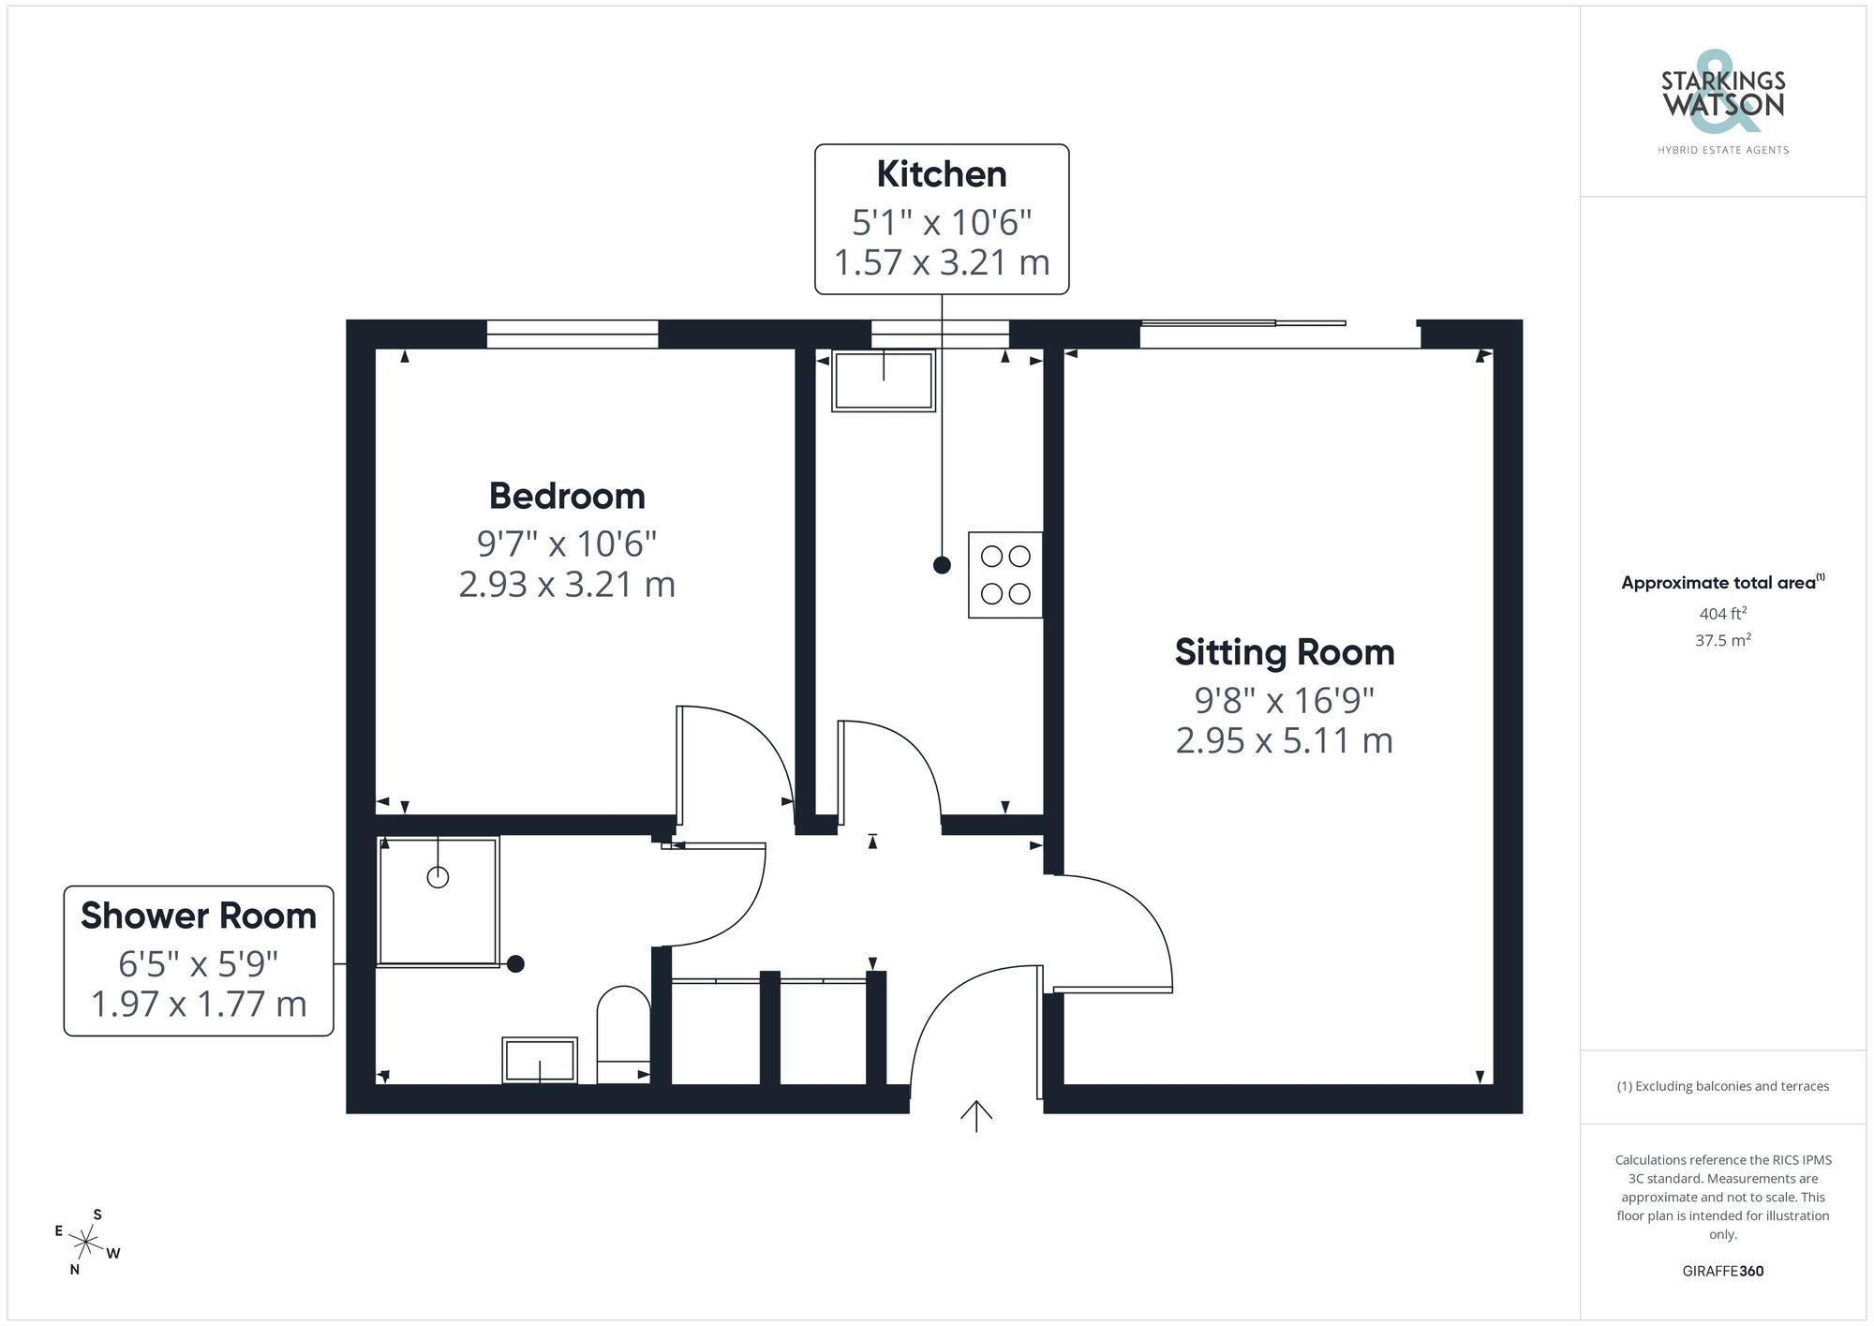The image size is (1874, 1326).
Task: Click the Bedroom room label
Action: pyautogui.click(x=567, y=497)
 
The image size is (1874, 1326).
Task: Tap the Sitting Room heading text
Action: pyautogui.click(x=1284, y=653)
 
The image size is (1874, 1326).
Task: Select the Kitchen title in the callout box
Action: pyautogui.click(x=941, y=175)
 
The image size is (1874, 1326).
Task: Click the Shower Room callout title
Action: pyautogui.click(x=199, y=916)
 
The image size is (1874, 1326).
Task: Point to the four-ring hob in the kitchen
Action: pyautogui.click(x=1005, y=574)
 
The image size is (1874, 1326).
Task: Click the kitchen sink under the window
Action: pyautogui.click(x=884, y=380)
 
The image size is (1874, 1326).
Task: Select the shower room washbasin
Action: pyautogui.click(x=540, y=1061)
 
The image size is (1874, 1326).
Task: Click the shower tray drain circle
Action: pyautogui.click(x=438, y=877)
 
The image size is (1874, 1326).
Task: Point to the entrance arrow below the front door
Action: pyautogui.click(x=975, y=1115)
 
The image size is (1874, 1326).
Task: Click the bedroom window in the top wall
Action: pyautogui.click(x=572, y=334)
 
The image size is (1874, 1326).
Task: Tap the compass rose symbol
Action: pyautogui.click(x=86, y=1244)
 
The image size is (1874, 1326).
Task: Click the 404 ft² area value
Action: pyautogui.click(x=1722, y=614)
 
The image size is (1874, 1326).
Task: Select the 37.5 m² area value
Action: pyautogui.click(x=1722, y=641)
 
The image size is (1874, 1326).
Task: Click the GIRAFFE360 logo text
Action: pyautogui.click(x=1722, y=1271)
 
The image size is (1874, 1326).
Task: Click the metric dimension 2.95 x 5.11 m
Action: pyautogui.click(x=1284, y=741)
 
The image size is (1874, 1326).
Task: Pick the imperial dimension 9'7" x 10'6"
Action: pyautogui.click(x=567, y=544)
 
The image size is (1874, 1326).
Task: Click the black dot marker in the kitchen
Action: pyautogui.click(x=942, y=565)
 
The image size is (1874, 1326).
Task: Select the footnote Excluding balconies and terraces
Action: pyautogui.click(x=1722, y=1086)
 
